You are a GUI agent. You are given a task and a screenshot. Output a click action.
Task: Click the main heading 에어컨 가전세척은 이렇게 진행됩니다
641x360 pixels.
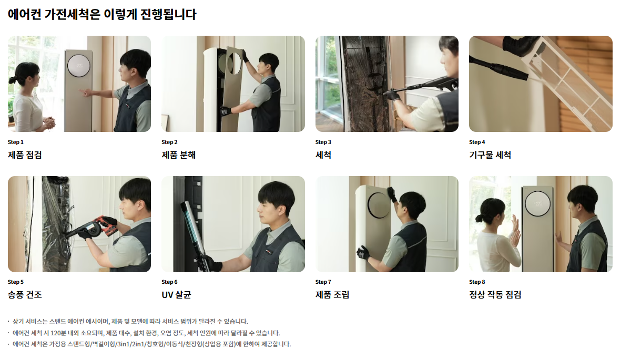(x=102, y=15)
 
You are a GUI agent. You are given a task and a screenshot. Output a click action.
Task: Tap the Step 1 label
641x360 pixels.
(x=15, y=142)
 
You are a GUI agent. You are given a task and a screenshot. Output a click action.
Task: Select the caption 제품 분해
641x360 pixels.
(x=178, y=155)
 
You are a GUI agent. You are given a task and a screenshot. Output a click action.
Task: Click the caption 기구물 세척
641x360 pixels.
(x=490, y=155)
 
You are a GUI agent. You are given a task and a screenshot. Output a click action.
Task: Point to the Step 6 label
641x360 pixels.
(x=169, y=282)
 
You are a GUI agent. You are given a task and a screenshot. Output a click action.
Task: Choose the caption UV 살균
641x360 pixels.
(x=176, y=295)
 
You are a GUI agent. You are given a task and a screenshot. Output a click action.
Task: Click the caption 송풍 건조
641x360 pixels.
(x=25, y=295)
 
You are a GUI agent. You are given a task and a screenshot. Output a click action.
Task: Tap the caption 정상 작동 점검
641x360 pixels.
(x=495, y=295)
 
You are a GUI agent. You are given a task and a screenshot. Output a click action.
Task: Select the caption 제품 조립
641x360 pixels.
(x=332, y=295)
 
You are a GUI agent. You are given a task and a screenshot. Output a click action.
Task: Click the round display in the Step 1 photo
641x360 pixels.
(x=79, y=66)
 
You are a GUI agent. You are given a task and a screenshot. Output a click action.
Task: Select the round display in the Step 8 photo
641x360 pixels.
(x=538, y=203)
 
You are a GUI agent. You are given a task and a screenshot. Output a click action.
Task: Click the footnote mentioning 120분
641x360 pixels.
(x=146, y=333)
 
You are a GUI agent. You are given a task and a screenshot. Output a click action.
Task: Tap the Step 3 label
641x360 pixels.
(x=323, y=142)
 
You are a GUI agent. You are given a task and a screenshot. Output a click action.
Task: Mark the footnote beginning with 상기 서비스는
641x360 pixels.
(x=130, y=322)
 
